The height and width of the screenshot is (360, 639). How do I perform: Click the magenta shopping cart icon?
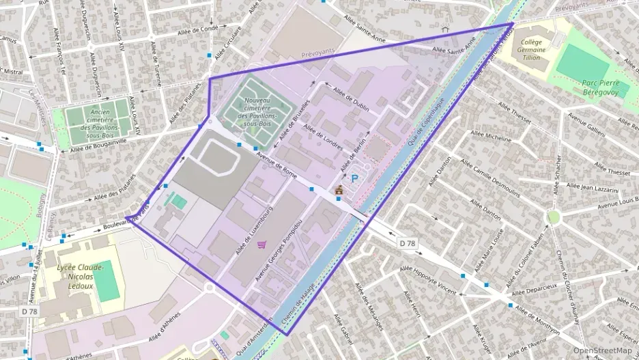point(261,244)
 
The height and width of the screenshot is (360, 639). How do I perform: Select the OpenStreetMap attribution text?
point(602,350)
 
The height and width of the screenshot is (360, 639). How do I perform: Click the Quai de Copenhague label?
point(427,121)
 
